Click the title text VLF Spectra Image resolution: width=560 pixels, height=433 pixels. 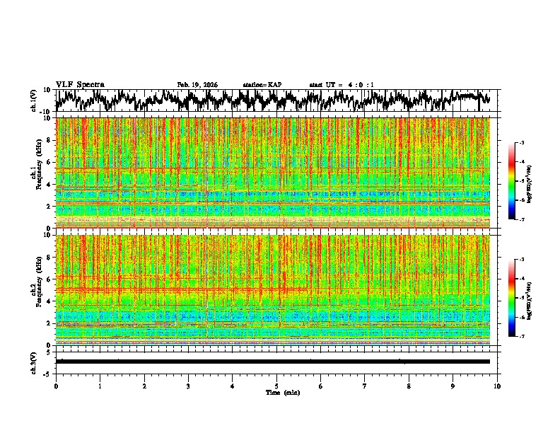[80, 85]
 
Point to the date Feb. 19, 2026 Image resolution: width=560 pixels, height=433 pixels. [197, 85]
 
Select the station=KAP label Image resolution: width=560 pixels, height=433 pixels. [262, 85]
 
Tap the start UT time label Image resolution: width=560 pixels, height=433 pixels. [342, 85]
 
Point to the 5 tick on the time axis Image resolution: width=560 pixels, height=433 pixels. [276, 386]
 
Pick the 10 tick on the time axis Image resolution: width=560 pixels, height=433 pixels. [498, 386]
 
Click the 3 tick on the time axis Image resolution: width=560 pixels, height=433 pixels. [188, 386]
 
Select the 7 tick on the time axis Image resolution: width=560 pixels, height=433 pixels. [365, 386]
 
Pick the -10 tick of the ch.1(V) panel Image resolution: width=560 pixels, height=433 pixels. [45, 112]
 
